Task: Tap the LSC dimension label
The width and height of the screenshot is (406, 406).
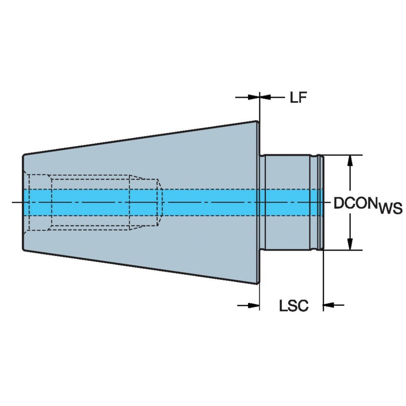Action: [293, 306]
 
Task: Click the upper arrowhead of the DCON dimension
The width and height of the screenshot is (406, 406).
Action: [351, 161]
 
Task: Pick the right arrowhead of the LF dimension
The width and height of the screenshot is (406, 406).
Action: [265, 97]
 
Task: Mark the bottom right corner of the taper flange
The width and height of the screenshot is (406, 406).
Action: [259, 284]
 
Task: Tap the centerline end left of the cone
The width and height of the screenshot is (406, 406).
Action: [14, 203]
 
